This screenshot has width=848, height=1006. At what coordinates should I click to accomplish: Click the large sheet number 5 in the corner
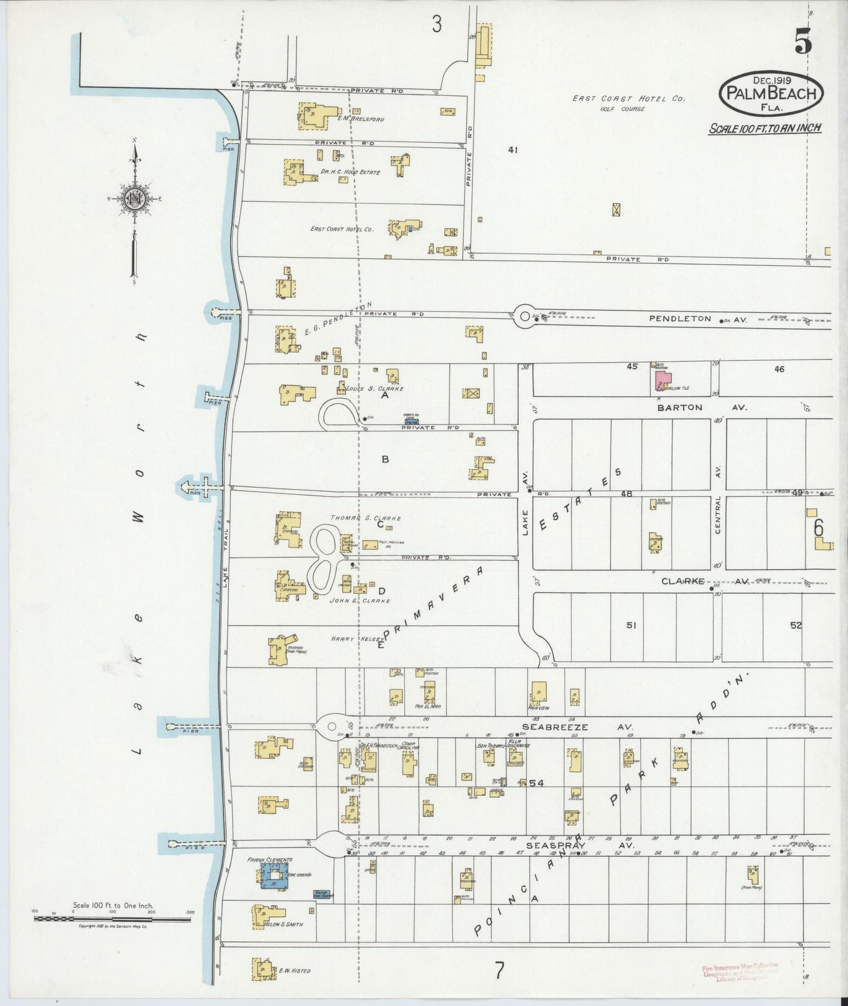click(803, 42)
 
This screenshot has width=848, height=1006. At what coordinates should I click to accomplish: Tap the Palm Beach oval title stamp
click(771, 94)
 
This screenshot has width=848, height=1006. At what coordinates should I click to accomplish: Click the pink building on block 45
click(663, 381)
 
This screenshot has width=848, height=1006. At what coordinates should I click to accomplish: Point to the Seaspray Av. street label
click(573, 846)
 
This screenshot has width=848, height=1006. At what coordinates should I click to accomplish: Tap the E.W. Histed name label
click(294, 970)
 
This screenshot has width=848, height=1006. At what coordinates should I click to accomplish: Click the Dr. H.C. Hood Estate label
click(350, 173)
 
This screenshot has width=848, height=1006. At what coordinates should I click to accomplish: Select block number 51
click(631, 625)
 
